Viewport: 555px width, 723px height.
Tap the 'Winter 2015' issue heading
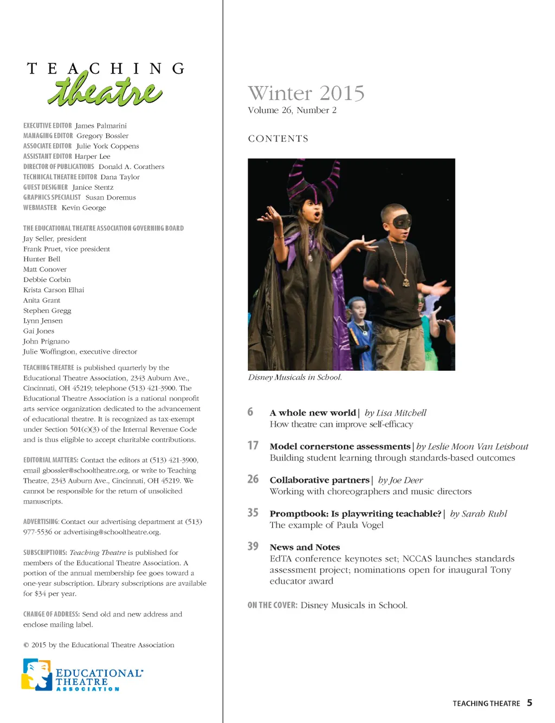point(306,93)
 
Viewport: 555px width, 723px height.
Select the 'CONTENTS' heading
point(278,139)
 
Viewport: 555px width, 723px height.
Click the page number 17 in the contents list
point(253,446)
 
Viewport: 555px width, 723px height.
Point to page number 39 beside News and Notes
point(253,546)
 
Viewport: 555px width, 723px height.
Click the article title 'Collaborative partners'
point(319,480)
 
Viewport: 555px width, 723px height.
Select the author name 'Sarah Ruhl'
point(484,514)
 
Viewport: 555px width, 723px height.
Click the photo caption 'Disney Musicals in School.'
point(295,377)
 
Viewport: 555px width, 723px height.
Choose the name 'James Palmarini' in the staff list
point(101,126)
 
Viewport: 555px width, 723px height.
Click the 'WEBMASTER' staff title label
point(40,208)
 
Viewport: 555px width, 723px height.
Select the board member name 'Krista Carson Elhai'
point(54,290)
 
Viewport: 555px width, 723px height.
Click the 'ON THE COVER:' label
point(272,605)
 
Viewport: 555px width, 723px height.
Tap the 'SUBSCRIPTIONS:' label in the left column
point(45,553)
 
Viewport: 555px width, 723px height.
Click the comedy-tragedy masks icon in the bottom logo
point(37,675)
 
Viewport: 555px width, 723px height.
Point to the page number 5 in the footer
point(530,703)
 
